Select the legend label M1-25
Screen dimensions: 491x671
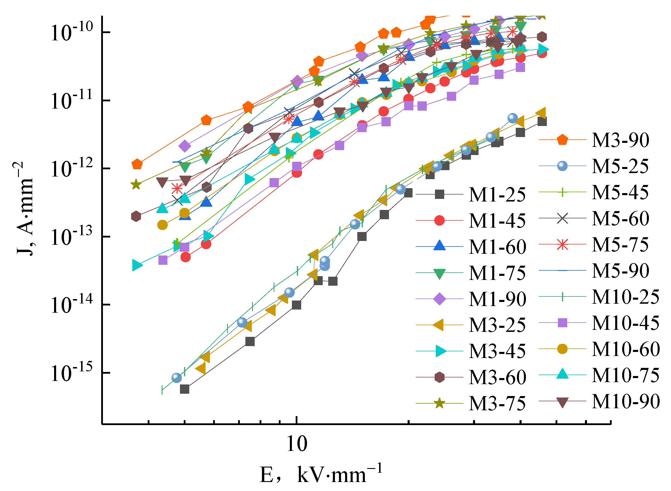tap(497, 195)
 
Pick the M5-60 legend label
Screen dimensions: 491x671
tap(620, 218)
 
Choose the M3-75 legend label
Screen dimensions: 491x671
tap(497, 403)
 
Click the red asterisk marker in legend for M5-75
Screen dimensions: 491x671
tap(562, 244)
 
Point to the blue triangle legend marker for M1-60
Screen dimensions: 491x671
tap(440, 246)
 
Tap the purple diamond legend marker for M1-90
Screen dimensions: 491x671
tap(440, 299)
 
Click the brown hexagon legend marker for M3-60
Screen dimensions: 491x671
tap(440, 377)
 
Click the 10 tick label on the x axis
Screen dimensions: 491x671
tap(297, 444)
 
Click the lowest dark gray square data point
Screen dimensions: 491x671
tap(185, 389)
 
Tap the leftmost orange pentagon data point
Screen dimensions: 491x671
tap(137, 164)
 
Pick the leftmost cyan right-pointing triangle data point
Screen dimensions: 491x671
tap(137, 265)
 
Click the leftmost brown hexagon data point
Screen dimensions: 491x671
tap(136, 216)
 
